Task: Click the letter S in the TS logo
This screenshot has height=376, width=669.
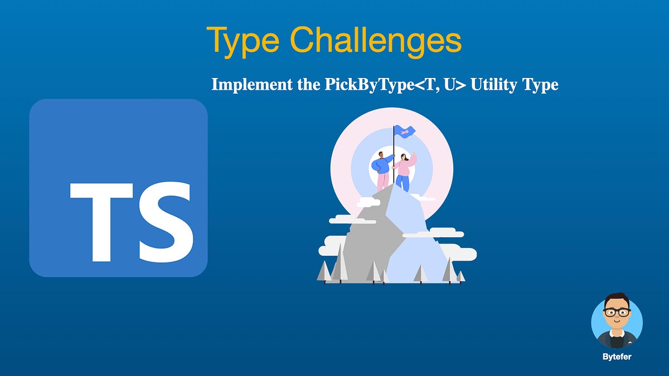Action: pos(166,222)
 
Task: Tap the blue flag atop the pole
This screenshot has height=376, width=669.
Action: pos(405,131)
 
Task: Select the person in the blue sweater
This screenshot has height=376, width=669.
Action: pos(382,164)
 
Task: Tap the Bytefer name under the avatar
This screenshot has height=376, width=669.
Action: pos(617,357)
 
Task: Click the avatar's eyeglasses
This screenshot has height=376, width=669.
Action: pos(617,312)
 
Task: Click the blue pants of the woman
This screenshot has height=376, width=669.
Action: pos(403,182)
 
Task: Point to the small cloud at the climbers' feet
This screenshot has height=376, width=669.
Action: pos(424,197)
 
